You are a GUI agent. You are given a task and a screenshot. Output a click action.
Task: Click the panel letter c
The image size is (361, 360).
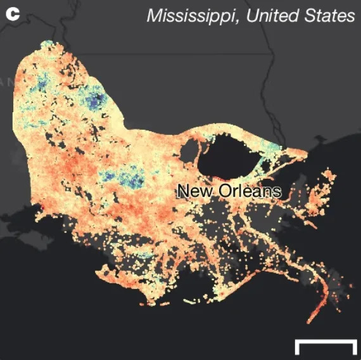point(12,13)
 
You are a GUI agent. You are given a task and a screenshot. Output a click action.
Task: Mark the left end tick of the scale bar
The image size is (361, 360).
point(297,347)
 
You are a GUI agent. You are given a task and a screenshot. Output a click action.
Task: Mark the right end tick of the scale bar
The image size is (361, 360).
point(354,347)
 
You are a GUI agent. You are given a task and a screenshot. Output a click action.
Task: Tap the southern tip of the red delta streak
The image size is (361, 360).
point(310,320)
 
